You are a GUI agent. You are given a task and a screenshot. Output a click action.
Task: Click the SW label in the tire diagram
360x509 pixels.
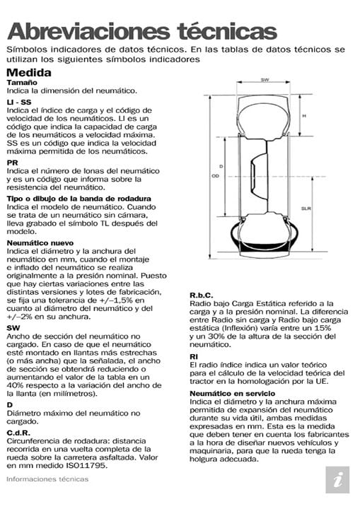[x=265, y=80]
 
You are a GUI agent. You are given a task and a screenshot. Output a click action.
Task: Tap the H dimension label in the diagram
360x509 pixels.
[x=304, y=115]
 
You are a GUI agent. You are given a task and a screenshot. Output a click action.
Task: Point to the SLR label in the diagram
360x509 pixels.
[x=306, y=209]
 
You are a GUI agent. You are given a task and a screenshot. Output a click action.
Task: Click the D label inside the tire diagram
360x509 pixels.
[x=221, y=167]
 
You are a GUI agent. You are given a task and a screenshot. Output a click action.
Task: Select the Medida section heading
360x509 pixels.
[x=28, y=72]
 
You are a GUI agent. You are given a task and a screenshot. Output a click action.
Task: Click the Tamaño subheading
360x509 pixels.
[x=22, y=83]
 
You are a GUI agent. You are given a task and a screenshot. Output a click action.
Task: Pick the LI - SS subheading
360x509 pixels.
[x=19, y=103]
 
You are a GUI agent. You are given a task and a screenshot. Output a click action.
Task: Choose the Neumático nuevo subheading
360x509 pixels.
[x=42, y=242]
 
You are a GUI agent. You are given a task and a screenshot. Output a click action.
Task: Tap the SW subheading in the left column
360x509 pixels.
[x=13, y=328]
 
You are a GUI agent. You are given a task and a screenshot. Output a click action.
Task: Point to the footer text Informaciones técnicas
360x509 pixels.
[x=47, y=479]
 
